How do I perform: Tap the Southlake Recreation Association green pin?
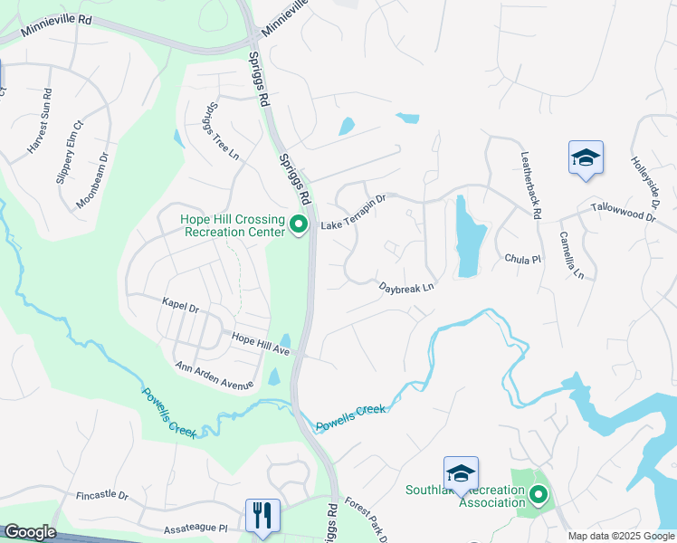pyautogui.click(x=539, y=495)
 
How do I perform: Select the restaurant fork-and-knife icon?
pyautogui.click(x=262, y=515)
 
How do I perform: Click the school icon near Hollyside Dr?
pyautogui.click(x=586, y=158)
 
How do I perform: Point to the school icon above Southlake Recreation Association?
pyautogui.click(x=461, y=473)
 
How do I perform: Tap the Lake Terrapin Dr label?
pyautogui.click(x=354, y=213)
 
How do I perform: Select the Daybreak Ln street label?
pyautogui.click(x=407, y=287)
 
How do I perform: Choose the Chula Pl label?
pyautogui.click(x=522, y=259)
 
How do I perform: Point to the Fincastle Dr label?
pyautogui.click(x=102, y=496)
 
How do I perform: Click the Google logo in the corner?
pyautogui.click(x=31, y=532)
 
